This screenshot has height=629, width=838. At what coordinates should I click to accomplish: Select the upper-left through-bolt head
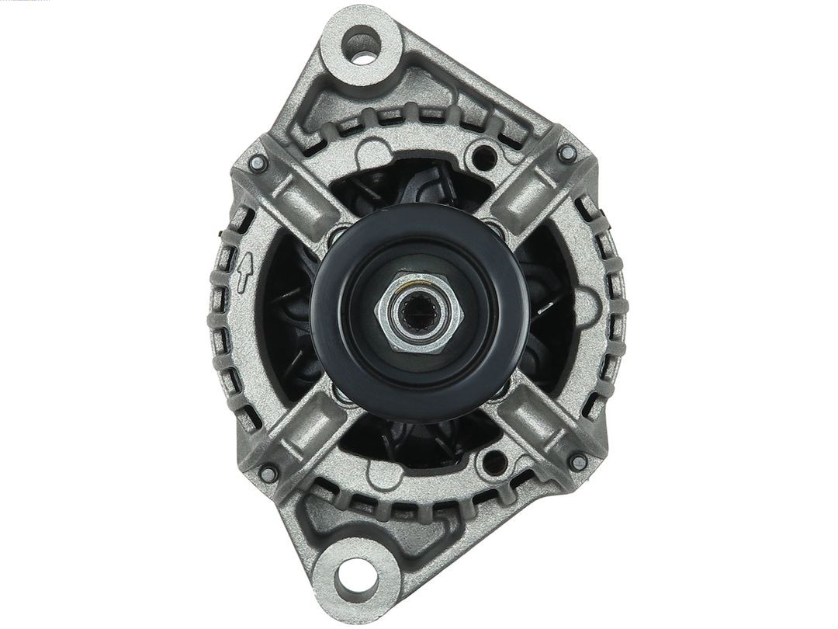click(x=258, y=163)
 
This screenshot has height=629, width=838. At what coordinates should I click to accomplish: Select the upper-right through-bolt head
click(x=567, y=153)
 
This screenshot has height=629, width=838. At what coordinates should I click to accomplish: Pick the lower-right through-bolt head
click(x=577, y=462)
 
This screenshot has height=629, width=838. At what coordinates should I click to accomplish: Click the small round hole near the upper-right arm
click(x=488, y=156)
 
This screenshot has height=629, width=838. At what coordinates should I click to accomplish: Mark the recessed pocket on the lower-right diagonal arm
click(x=535, y=429)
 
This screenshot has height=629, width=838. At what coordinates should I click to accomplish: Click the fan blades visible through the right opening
click(x=551, y=311)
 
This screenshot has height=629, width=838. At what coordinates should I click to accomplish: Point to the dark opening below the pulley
click(x=419, y=443)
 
